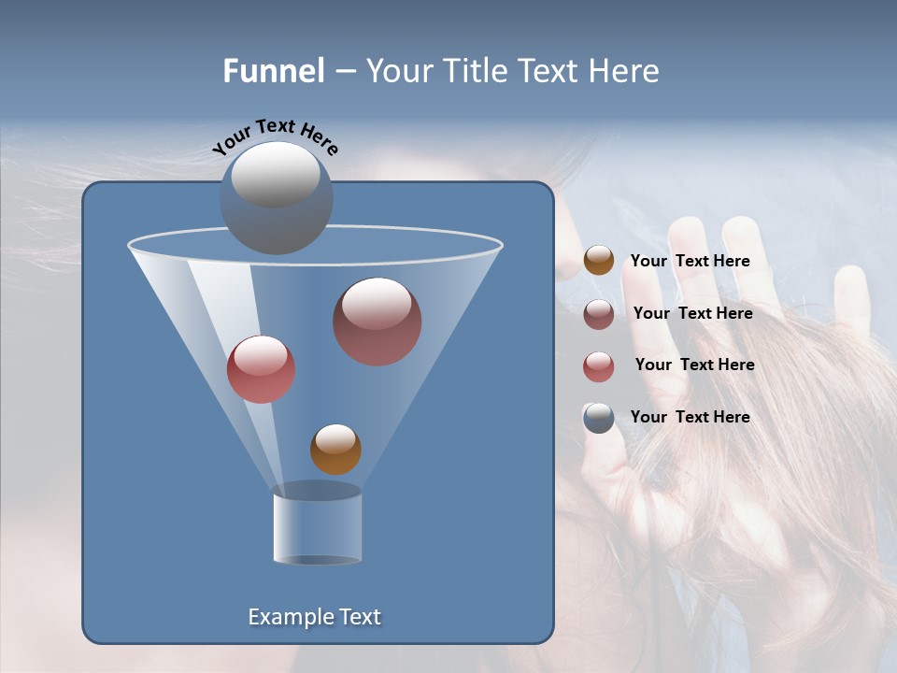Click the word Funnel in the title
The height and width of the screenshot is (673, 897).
(x=273, y=70)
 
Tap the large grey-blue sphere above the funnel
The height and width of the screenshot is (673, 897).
(x=276, y=197)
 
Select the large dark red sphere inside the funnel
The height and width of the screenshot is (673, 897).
(x=377, y=321)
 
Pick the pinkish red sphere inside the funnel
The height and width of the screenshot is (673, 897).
(x=261, y=369)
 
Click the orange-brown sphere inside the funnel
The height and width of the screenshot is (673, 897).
(x=335, y=449)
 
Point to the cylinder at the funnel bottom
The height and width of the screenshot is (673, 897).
(x=317, y=525)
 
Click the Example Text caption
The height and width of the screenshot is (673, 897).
(x=314, y=617)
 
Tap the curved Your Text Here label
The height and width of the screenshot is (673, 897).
(x=275, y=136)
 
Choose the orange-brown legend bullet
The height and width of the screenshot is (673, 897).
(x=599, y=261)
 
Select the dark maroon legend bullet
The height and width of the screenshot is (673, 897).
(x=599, y=314)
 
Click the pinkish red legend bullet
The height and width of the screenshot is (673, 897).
(x=599, y=366)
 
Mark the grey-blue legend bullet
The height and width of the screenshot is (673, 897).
(x=599, y=418)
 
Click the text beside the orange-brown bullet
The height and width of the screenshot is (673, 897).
(x=690, y=261)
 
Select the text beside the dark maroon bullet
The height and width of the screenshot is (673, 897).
(x=692, y=313)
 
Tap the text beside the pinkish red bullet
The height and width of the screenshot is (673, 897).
(x=694, y=365)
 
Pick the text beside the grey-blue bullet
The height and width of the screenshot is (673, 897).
(x=690, y=417)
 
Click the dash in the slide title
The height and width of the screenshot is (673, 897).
(x=344, y=71)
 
